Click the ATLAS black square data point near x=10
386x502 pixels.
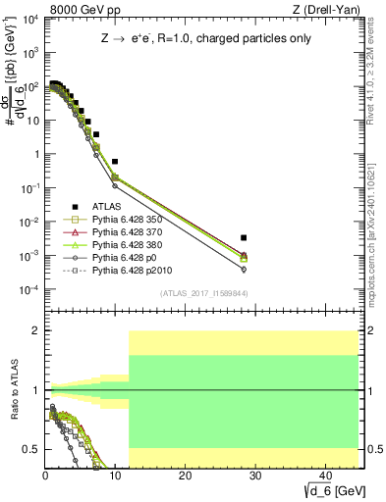[115, 161]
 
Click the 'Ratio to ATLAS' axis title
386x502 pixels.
[13, 390]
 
